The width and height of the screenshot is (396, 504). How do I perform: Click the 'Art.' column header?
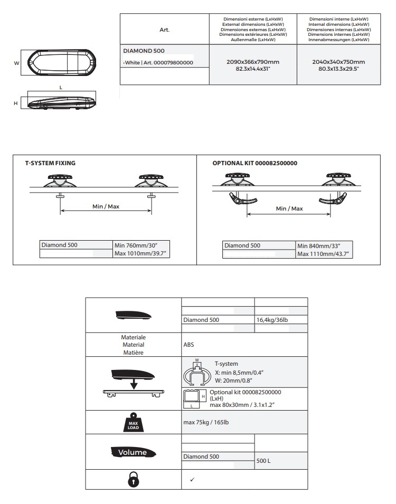pos(164,30)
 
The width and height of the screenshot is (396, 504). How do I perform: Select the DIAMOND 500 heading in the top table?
pos(144,51)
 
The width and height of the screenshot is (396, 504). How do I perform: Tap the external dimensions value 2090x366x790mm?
pos(253,62)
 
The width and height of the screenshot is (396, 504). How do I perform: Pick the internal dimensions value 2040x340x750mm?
pos(338,62)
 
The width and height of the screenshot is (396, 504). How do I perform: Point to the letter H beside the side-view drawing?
pos(15,103)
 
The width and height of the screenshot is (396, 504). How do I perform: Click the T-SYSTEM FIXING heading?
pos(50,163)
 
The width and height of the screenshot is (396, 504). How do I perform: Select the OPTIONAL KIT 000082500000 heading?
pos(254,163)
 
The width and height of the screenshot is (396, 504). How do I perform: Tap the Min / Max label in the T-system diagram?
pos(106,206)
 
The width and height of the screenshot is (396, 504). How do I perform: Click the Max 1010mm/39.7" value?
pos(143,254)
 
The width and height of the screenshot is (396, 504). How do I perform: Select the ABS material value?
pos(188,345)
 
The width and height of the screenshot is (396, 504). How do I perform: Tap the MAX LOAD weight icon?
pos(133,422)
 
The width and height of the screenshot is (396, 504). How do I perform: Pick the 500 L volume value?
pos(263,461)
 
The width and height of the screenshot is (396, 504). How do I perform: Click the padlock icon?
pos(133,480)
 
